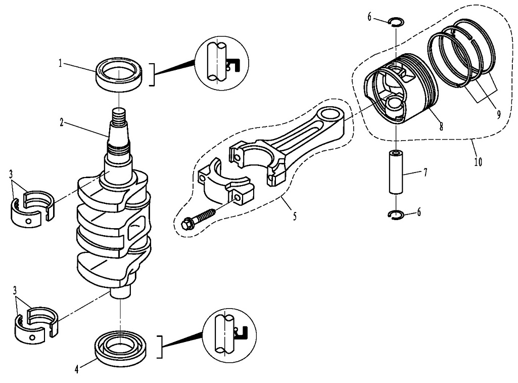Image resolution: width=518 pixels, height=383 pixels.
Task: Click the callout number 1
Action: [x=60, y=64]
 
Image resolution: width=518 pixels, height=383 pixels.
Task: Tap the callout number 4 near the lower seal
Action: [x=76, y=369]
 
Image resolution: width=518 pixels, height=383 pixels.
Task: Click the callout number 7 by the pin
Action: [x=426, y=173]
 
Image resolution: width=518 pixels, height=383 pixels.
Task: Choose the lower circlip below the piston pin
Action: [x=396, y=215]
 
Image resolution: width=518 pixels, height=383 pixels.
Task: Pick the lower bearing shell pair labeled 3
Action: [x=35, y=322]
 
